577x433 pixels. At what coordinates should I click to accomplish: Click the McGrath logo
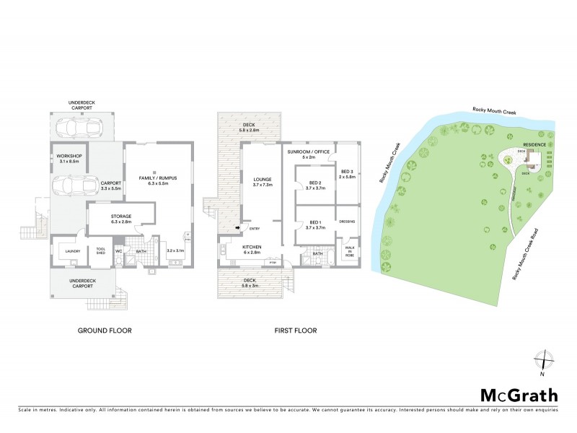(519, 395)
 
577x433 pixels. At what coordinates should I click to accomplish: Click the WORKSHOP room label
(71, 157)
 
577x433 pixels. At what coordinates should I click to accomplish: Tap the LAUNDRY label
(71, 251)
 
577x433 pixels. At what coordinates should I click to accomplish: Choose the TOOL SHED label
(101, 251)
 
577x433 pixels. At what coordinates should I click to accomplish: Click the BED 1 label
(314, 224)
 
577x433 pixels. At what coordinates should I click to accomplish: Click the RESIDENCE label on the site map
(534, 144)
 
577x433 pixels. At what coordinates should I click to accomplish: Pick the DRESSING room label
(349, 222)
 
